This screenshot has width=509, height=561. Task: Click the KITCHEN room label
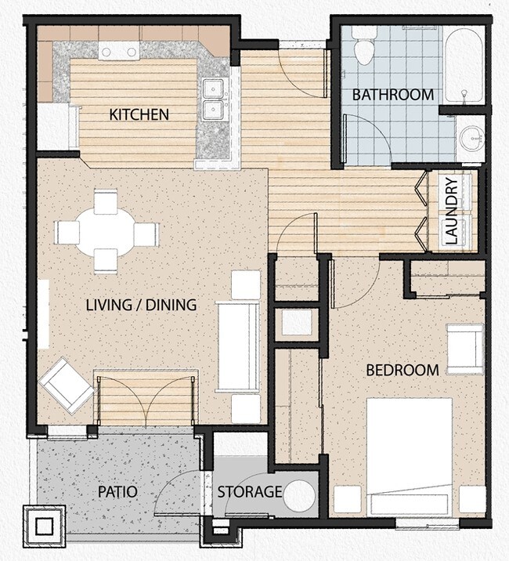pos(139,115)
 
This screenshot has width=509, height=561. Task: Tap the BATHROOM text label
pos(392,95)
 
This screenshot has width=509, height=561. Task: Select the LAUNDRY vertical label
pos(451,212)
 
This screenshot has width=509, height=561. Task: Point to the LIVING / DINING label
pos(141,305)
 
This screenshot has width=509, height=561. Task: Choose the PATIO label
pos(117,492)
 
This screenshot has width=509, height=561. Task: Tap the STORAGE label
pos(249,492)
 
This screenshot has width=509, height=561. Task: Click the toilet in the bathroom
pos(364,47)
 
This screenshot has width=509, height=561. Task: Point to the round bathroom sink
pos(472,139)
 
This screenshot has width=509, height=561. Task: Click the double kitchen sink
pos(212,99)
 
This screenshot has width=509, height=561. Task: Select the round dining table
pos(106,233)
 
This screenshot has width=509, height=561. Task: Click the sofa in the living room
pos(238,347)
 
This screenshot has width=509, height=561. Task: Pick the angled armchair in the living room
pos(66,385)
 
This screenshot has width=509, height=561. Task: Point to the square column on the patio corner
pos(45,526)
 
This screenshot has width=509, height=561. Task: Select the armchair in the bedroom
pos(464,346)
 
